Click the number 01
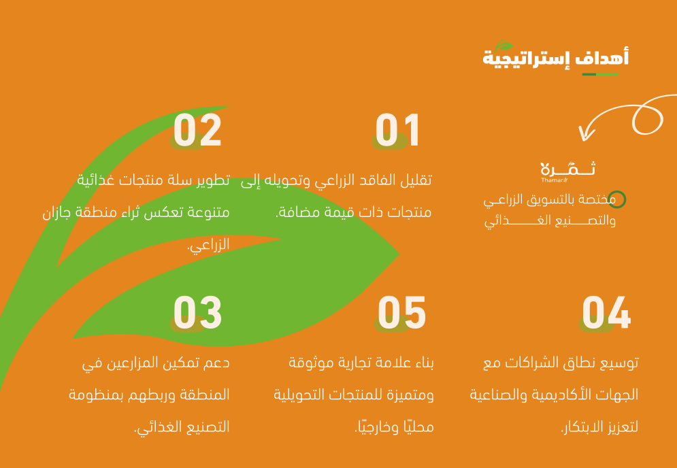click(397, 130)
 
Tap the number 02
click(197, 130)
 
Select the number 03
click(197, 313)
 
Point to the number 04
click(606, 313)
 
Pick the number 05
click(402, 313)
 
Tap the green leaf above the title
click(503, 46)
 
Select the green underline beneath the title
click(600, 75)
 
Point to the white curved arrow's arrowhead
click(585, 133)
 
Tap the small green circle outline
click(617, 199)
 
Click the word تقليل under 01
click(416, 180)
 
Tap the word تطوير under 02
click(214, 180)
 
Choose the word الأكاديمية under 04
click(557, 395)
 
